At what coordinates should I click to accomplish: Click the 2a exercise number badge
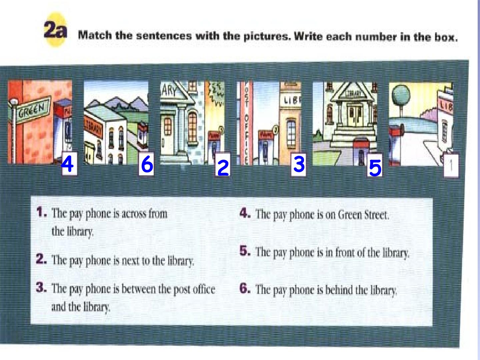(55, 30)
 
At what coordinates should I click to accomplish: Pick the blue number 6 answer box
(146, 164)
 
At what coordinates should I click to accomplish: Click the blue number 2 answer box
(223, 164)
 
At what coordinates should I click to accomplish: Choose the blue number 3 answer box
(298, 164)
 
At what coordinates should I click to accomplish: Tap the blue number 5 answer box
(375, 165)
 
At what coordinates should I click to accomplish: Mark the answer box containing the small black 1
(451, 165)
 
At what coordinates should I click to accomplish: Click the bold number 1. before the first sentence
(42, 212)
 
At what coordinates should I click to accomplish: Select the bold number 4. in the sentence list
(245, 213)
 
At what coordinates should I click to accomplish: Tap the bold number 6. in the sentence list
(245, 289)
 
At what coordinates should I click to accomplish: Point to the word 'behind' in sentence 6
(339, 290)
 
